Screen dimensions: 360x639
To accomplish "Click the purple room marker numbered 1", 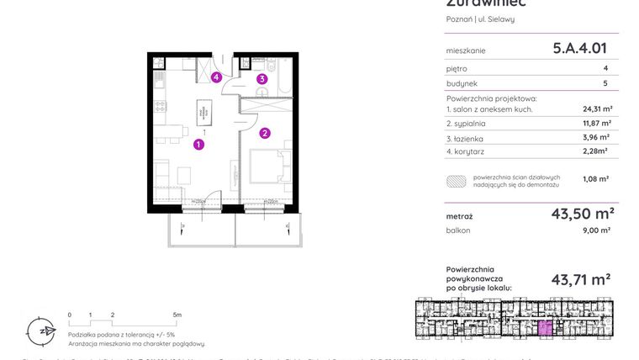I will [x=198, y=145].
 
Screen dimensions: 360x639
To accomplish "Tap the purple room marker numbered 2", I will [x=264, y=132].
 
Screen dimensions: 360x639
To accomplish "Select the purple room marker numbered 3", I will [x=262, y=80].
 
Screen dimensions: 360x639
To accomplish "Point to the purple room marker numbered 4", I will [x=216, y=77].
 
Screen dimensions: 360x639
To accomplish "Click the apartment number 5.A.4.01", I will [x=579, y=49].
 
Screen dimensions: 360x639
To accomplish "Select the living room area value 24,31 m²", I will [x=597, y=109].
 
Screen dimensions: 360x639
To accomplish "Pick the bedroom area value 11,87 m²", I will [x=597, y=123].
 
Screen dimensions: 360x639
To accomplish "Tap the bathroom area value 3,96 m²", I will [x=597, y=137].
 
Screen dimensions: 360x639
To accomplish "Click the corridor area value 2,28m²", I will [x=595, y=151].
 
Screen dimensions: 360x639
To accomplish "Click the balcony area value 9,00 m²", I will [x=597, y=230].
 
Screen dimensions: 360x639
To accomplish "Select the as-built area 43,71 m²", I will [x=580, y=279].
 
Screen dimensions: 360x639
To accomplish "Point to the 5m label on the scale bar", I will [x=176, y=315].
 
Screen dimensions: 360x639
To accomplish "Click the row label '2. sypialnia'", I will [x=471, y=124].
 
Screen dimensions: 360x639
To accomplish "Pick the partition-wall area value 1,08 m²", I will [x=595, y=178].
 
